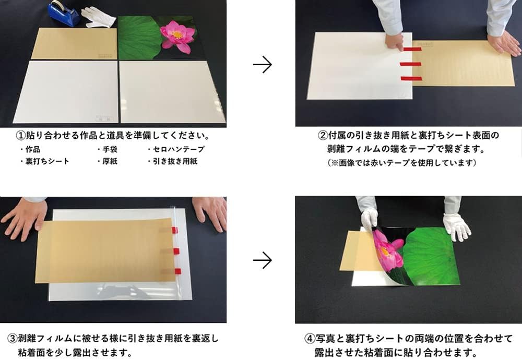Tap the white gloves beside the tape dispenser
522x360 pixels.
(x=98, y=18)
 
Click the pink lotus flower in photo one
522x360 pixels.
(x=177, y=36)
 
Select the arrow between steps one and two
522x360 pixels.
(x=263, y=64)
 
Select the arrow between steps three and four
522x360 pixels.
(x=263, y=260)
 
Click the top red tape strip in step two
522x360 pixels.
(x=412, y=49)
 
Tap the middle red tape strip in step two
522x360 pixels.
(x=410, y=64)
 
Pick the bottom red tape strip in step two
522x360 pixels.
(x=411, y=78)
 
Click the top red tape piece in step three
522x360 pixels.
(x=174, y=230)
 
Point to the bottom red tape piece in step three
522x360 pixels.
(x=177, y=271)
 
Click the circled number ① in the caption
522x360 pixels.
(x=21, y=136)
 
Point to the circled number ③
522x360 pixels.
(x=13, y=339)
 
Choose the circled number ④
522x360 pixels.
(x=310, y=339)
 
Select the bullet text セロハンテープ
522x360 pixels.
(x=179, y=149)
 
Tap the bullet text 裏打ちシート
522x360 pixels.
(x=48, y=161)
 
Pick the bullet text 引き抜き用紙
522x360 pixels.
(x=175, y=161)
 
